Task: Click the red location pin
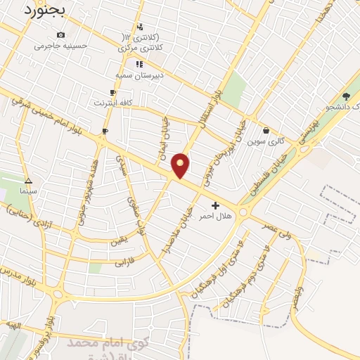coord(181,165)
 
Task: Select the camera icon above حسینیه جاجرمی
coord(61,35)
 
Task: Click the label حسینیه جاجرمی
coord(61,46)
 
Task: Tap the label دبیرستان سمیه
coord(140,74)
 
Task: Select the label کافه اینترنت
coord(113,103)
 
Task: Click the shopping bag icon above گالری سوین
coord(266,130)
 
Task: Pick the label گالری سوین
coord(266,141)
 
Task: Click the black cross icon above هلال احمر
coord(215,205)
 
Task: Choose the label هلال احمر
coord(215,215)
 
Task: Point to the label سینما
coord(29,191)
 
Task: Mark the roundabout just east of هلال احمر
coord(243,211)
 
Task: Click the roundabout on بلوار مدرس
coord(57,294)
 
